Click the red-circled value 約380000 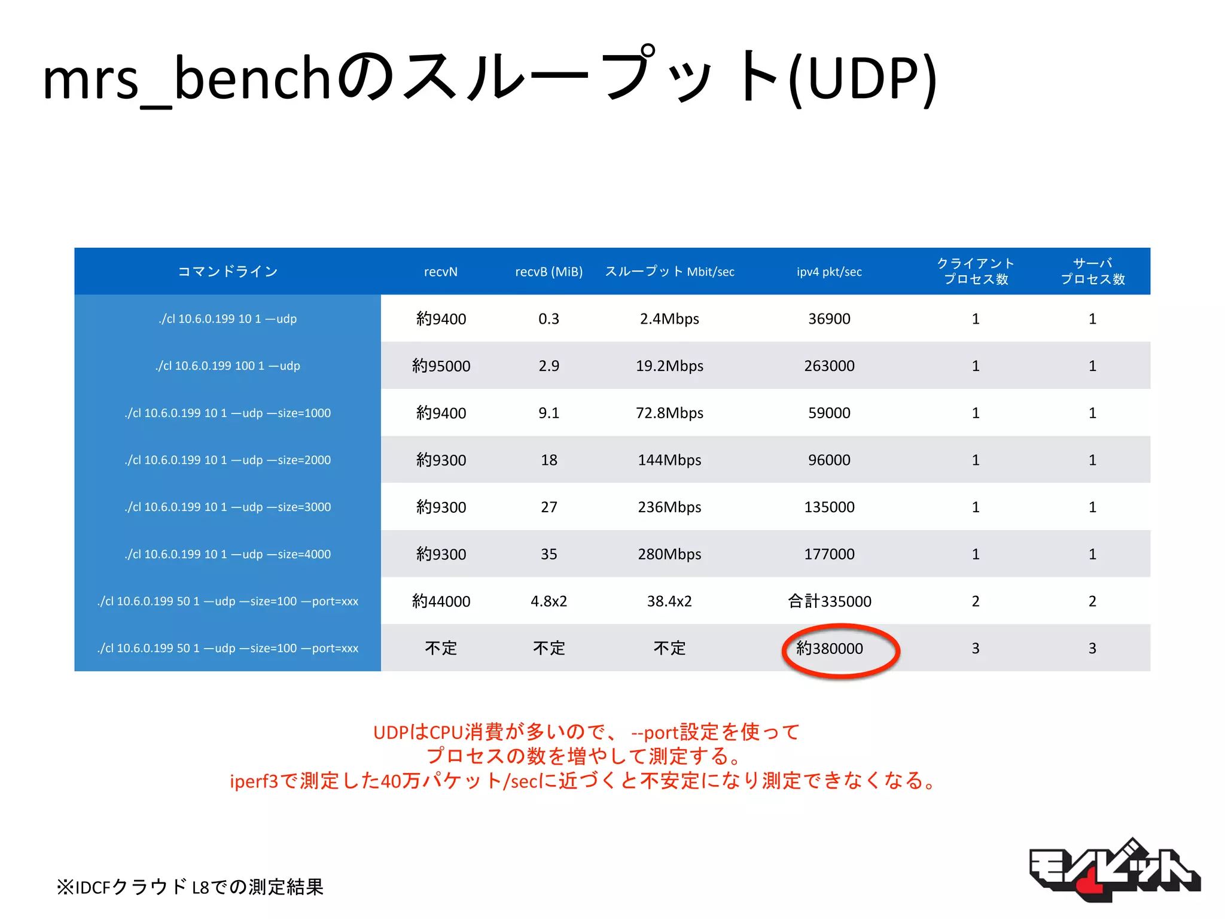[830, 649]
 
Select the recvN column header [441, 272]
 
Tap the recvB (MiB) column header [548, 272]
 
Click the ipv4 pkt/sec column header [829, 272]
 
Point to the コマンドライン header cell [228, 272]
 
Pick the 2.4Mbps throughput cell [669, 319]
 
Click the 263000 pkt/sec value [829, 366]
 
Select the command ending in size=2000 [228, 460]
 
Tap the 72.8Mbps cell [669, 413]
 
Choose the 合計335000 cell [829, 601]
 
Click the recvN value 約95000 [441, 366]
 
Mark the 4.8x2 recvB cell [548, 601]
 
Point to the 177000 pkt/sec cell [829, 554]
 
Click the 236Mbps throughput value [669, 507]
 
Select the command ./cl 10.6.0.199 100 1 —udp [228, 366]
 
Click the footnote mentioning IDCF [190, 886]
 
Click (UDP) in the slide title [863, 78]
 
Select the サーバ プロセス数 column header [1092, 271]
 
